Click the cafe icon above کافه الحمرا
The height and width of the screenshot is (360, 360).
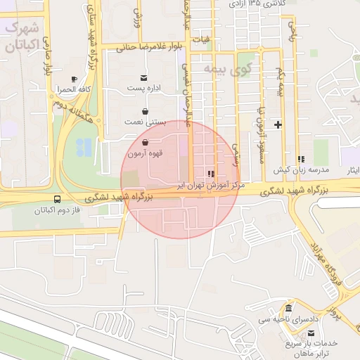coord(75,79)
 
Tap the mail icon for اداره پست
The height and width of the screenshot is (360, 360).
coord(144,77)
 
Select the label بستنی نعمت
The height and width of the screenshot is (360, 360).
coord(145,122)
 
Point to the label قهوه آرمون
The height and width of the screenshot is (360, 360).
coord(145,153)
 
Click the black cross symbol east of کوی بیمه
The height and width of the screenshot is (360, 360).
coord(278,125)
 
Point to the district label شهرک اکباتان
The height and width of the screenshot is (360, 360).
coord(19,39)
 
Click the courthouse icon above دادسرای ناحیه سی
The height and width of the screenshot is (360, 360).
coord(289,309)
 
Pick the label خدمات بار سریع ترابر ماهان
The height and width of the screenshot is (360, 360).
coord(311,348)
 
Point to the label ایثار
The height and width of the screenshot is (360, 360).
coord(349,171)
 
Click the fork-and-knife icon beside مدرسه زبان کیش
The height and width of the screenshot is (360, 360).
coord(302,160)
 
